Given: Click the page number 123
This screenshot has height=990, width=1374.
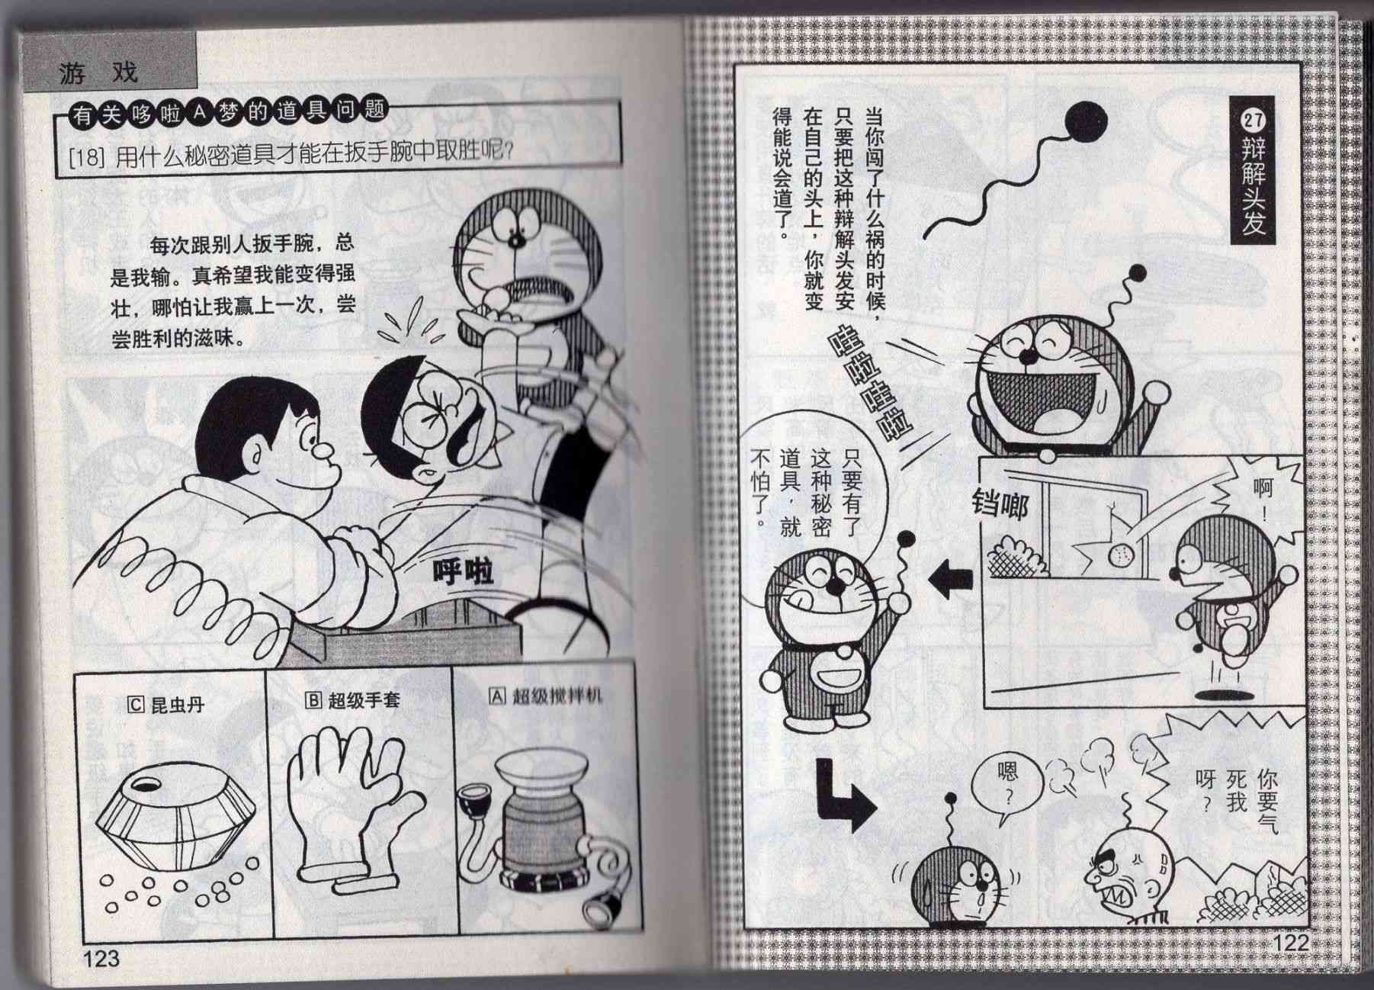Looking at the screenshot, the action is click(101, 957).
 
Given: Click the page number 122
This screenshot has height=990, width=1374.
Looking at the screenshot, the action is click(1291, 943).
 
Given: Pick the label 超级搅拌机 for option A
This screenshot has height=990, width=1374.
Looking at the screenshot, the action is click(546, 696).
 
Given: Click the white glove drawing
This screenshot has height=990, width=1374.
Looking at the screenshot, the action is click(352, 808).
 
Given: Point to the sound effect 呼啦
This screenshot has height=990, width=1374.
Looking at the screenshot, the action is click(463, 572).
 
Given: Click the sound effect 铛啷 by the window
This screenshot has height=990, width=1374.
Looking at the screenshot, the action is click(1000, 503).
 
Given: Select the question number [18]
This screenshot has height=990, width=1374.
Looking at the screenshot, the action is click(85, 159).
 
